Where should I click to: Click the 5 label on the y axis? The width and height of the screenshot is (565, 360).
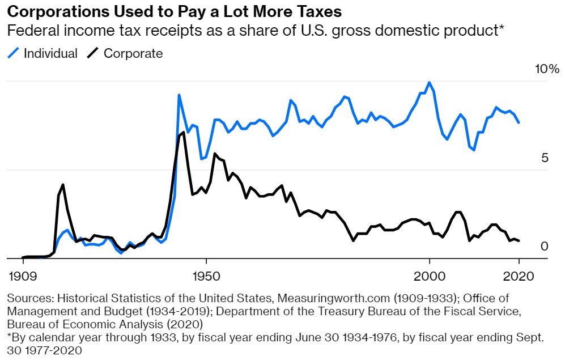coord(545,158)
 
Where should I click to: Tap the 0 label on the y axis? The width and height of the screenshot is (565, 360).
coord(545,247)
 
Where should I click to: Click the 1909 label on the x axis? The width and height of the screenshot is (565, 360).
coord(23,277)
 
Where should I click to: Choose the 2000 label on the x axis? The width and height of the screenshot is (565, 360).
coord(430,277)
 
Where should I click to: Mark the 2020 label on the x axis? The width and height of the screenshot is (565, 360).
coord(519,277)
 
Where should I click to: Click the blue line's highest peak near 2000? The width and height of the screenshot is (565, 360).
coord(430,83)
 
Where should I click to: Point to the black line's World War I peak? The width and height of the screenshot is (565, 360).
coord(63,185)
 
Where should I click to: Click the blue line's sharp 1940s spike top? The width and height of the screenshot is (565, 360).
coord(179,95)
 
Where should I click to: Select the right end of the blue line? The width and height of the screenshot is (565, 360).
coord(519,122)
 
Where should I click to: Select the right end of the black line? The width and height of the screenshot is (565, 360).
coord(519,241)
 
